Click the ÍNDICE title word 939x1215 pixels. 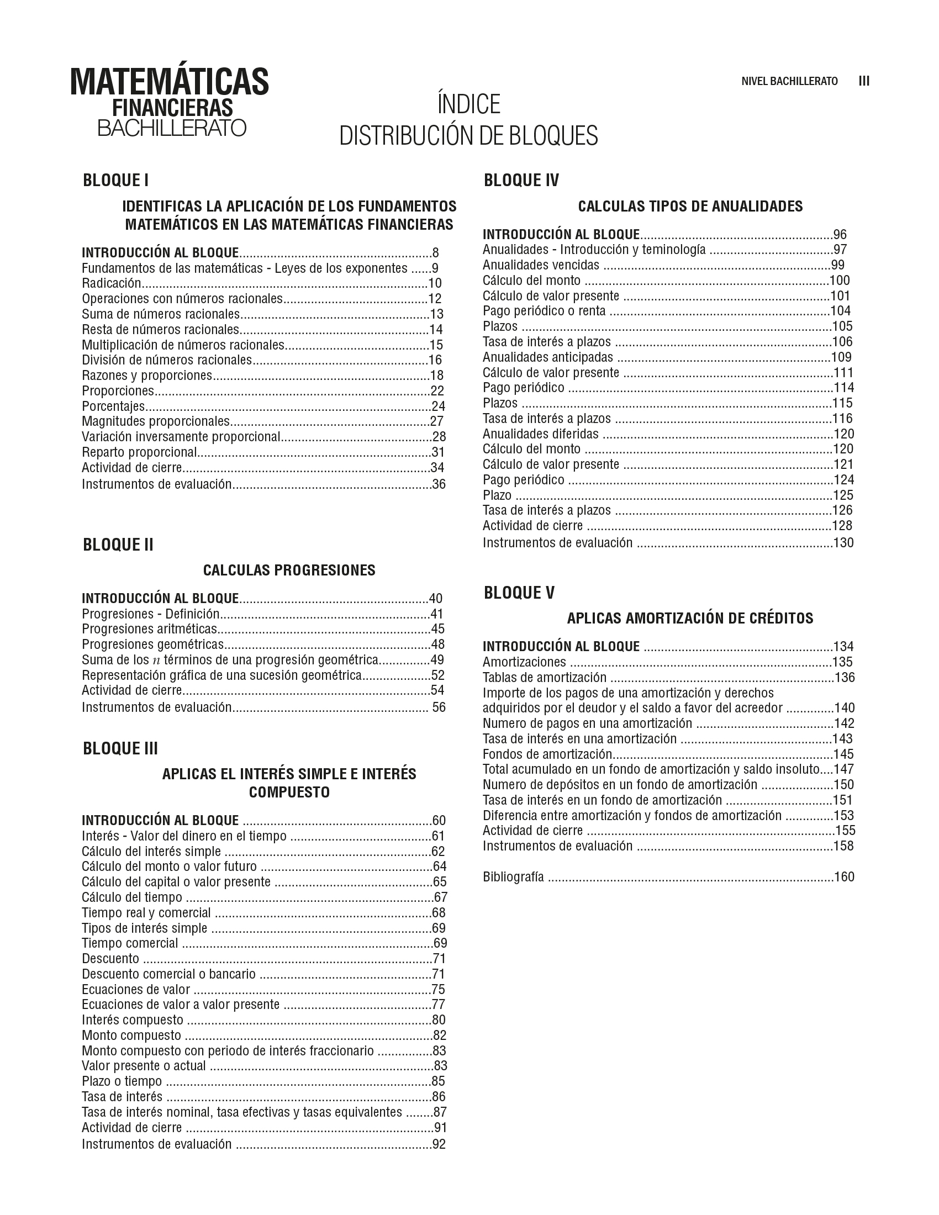[x=468, y=104]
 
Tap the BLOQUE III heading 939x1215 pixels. [x=120, y=748]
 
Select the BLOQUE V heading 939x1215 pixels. [x=519, y=593]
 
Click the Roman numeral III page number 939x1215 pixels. [x=864, y=81]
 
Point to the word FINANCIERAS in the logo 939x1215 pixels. [x=172, y=107]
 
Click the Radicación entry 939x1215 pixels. [x=111, y=283]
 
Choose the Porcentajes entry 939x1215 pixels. [x=113, y=406]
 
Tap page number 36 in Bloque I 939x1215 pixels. [x=439, y=484]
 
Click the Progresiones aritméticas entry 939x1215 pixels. [x=149, y=629]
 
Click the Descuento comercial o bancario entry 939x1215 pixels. [x=168, y=974]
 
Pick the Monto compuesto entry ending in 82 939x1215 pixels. [x=131, y=1036]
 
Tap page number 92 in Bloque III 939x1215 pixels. [x=439, y=1144]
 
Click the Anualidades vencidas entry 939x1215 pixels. [x=541, y=265]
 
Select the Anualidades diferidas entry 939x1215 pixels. [x=540, y=434]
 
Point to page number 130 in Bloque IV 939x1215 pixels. [x=843, y=542]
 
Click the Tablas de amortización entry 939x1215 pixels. [x=544, y=677]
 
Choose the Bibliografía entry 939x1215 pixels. [x=513, y=878]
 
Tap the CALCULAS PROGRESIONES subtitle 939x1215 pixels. [x=289, y=570]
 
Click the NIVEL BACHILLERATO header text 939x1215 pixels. [x=789, y=81]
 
